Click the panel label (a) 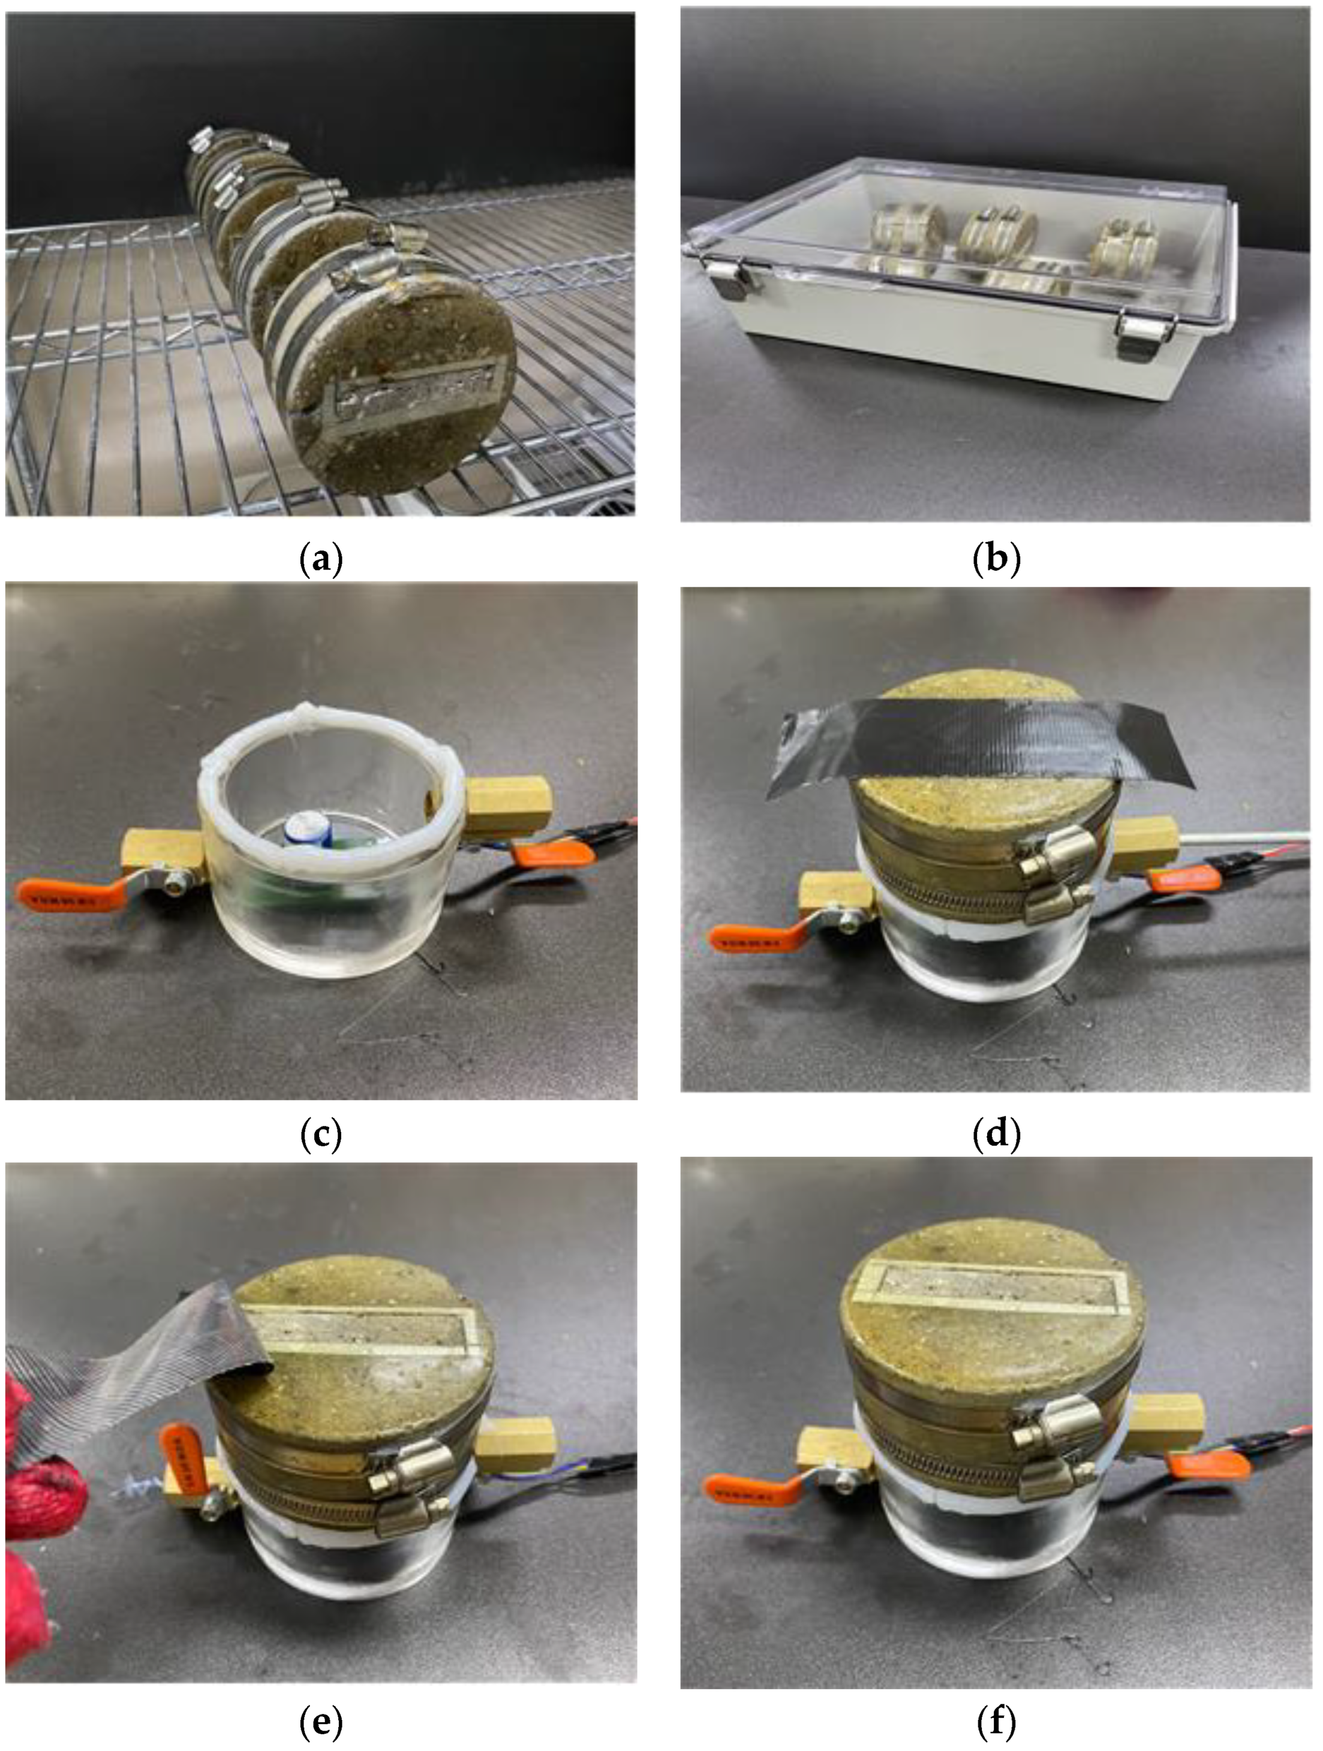(321, 560)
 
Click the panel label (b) (996, 560)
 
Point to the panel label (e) (321, 1720)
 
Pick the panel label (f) (996, 1720)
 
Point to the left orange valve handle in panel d (748, 939)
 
